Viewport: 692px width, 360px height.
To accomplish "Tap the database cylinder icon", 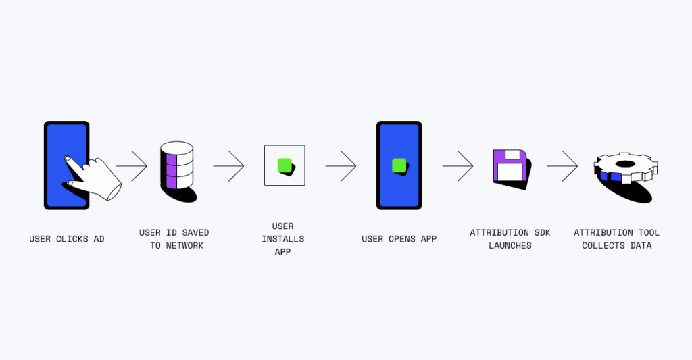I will click(176, 165).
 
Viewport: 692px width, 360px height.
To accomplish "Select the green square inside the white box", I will click(285, 165).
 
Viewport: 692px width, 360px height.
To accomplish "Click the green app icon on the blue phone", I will click(399, 165).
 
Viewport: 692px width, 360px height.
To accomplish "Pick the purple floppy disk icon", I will click(509, 165).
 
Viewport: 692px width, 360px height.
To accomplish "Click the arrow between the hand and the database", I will click(132, 165).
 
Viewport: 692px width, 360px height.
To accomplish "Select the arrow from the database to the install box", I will click(229, 165).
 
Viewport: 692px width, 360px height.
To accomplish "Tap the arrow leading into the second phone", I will click(341, 165).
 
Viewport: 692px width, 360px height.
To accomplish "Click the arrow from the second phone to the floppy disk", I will click(458, 165).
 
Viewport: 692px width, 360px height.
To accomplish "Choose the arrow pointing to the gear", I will click(562, 165).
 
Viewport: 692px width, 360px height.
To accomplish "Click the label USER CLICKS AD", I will click(67, 239).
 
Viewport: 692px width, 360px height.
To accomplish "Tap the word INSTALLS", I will click(283, 239).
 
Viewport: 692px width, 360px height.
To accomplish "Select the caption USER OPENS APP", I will click(399, 239).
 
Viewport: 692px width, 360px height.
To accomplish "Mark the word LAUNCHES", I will click(510, 245).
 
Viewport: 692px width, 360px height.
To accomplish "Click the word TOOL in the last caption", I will click(648, 233).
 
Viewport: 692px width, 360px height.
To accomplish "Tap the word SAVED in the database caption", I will click(195, 233).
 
